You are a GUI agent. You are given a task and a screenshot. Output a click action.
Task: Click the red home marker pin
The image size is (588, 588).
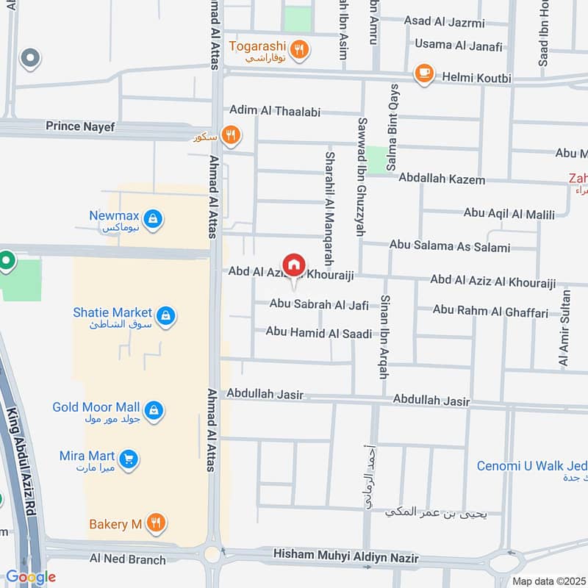294,265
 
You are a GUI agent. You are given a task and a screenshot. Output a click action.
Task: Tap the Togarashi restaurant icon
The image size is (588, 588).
298,50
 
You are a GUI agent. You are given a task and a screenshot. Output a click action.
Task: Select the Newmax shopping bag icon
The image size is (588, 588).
153,218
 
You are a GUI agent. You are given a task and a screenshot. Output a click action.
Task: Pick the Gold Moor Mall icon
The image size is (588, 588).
154,409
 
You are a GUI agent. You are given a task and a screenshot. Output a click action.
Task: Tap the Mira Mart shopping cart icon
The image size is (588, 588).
129,459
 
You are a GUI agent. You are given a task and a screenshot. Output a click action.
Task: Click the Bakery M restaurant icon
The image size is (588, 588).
156,523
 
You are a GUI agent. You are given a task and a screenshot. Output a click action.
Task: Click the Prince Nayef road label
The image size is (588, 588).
80,126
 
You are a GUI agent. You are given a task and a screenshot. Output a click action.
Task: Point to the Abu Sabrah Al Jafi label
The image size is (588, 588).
318,304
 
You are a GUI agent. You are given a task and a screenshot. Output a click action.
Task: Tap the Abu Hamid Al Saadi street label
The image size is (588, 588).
319,333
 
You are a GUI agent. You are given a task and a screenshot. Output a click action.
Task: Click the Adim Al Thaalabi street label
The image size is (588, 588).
273,110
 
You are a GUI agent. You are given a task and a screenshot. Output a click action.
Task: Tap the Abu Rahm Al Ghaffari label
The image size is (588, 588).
490,311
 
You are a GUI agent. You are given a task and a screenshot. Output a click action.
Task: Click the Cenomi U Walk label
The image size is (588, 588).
531,466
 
